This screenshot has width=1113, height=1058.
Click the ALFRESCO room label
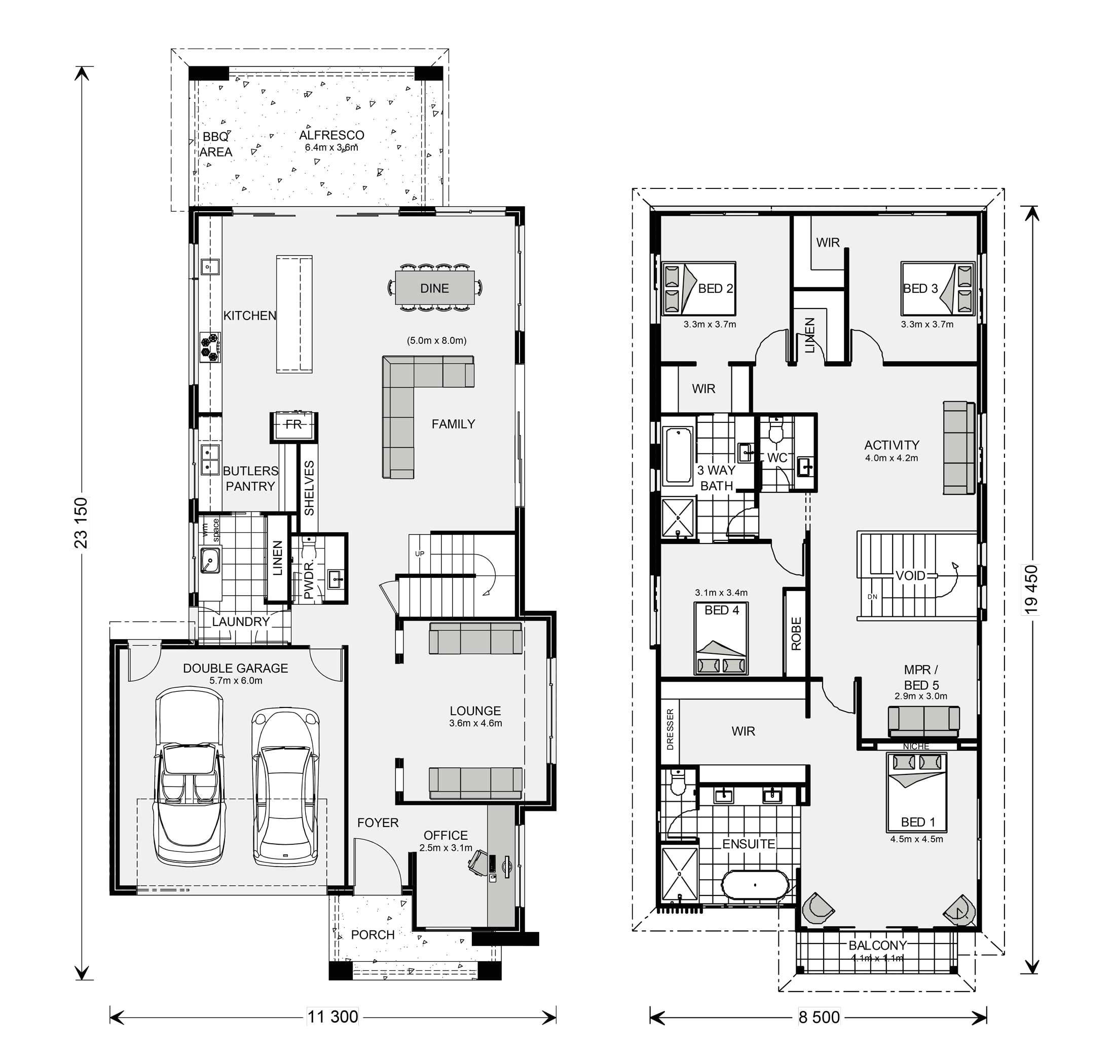coord(331,135)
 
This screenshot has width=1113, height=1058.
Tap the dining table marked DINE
coord(434,288)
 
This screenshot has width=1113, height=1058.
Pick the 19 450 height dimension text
coord(1030,590)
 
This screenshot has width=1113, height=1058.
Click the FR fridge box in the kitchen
coord(293,424)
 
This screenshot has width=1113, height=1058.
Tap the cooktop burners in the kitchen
coord(210,347)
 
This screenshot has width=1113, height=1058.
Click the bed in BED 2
coord(698,289)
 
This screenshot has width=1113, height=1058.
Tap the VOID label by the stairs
coord(910,576)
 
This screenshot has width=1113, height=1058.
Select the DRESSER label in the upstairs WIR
coord(670,729)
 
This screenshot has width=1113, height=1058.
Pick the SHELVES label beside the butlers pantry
coord(309,488)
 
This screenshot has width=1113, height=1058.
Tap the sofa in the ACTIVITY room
coord(959,448)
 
